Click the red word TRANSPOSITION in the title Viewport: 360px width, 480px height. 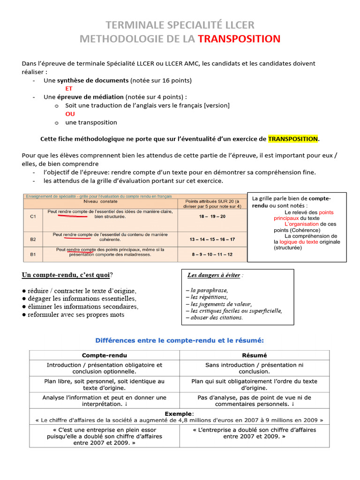coord(239,39)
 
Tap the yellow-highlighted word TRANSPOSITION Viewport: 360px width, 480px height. coord(292,139)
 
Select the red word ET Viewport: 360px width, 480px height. coord(69,88)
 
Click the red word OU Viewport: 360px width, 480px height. coord(70,114)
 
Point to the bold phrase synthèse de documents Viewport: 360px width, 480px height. coord(93,80)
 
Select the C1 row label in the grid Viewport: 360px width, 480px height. coord(33,217)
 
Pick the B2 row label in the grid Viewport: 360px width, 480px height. coord(33,240)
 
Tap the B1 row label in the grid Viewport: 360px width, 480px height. coord(33,255)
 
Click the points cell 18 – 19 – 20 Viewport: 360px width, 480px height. coord(212,216)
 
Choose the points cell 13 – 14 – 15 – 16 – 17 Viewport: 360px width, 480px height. coord(212,240)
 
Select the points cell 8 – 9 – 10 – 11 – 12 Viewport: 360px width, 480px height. coord(212,255)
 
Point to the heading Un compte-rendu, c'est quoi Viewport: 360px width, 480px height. coord(67,275)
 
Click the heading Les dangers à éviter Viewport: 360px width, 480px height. coord(215,275)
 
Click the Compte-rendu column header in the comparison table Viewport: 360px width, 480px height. coord(104,355)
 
